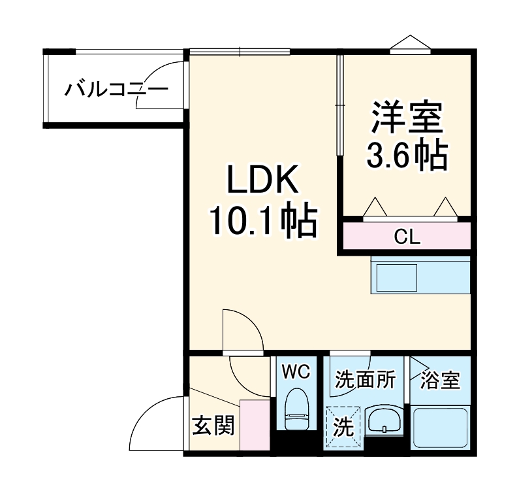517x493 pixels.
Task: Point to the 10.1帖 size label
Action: tap(262, 222)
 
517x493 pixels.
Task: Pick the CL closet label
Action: tap(407, 237)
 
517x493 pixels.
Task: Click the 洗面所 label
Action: tap(366, 379)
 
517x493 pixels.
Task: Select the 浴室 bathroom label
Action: tap(440, 379)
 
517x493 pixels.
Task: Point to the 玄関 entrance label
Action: tap(212, 426)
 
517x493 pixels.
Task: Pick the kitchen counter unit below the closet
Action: tap(420, 275)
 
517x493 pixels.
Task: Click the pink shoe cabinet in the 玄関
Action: tap(255, 425)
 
